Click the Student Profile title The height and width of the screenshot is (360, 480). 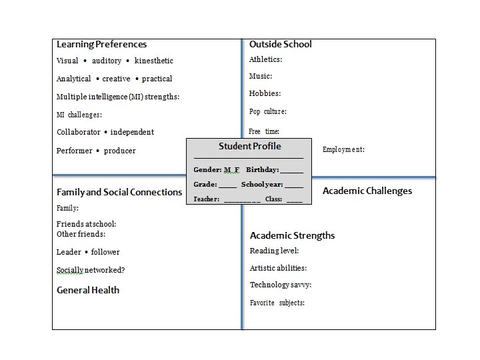(250, 146)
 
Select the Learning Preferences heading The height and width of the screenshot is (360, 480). (101, 45)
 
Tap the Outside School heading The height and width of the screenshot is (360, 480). (280, 45)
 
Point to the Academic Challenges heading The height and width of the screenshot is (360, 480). (367, 191)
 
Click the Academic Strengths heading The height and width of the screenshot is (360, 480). (292, 235)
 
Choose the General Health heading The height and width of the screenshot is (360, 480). (88, 290)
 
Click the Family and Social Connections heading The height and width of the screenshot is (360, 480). (119, 192)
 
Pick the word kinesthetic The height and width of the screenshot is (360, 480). (154, 61)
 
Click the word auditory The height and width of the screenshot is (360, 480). (107, 61)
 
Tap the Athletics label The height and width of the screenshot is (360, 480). (265, 59)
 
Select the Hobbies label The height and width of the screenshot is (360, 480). (265, 93)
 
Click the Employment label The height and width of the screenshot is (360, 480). (343, 149)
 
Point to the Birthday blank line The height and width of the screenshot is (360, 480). (292, 171)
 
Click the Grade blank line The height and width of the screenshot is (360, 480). (228, 186)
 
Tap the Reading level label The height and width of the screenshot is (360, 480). (274, 251)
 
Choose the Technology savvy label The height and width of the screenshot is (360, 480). (281, 285)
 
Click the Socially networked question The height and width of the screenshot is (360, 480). (91, 270)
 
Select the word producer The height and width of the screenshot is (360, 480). (120, 151)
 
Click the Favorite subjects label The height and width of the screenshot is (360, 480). (277, 303)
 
